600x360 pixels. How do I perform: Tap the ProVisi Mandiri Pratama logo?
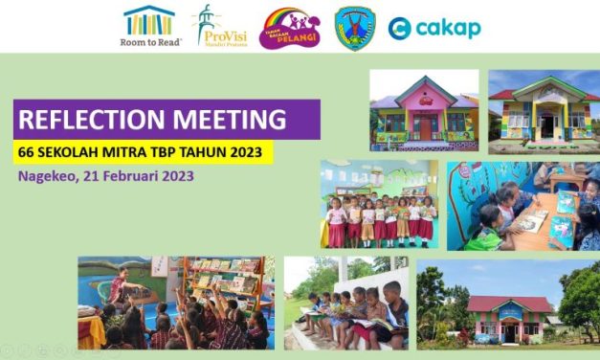pos(218,26)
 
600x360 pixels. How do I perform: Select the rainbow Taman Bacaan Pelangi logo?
pos(290,28)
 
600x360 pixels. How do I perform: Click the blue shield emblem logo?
pos(354,27)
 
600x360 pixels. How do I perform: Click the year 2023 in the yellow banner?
pos(252,151)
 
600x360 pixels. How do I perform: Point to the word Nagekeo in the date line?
pos(47,176)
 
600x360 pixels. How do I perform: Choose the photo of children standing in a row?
pos(379,205)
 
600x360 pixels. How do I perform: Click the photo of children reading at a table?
pos(523,205)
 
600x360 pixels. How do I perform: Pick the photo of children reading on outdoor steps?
pos(345,302)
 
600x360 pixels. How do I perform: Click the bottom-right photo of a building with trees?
pos(508,302)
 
